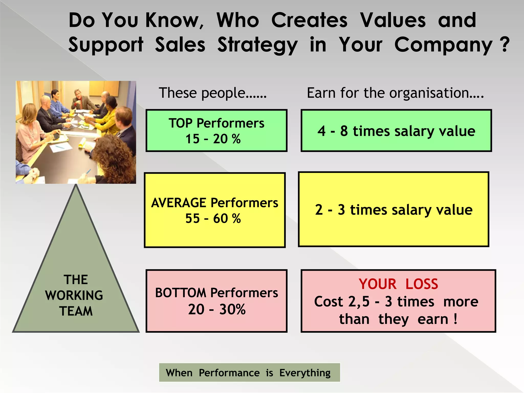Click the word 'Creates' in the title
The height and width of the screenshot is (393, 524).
309,20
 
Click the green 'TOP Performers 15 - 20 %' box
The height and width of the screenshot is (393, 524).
216,131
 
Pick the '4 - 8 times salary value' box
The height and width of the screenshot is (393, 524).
396,131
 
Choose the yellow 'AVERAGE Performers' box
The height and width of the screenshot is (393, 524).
215,210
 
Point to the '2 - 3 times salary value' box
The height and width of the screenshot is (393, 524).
394,210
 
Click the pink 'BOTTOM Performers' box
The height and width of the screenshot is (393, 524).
216,301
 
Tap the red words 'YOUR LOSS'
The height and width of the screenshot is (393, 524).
398,284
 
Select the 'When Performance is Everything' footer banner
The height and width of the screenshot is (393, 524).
249,373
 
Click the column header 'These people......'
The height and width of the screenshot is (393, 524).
213,93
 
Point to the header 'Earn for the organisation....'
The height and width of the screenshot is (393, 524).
395,93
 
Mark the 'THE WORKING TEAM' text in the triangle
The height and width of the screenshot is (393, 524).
75,295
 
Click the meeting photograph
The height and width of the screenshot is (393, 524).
76,132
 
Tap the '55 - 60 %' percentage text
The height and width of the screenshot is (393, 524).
213,219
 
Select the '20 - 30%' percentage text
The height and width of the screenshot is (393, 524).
217,309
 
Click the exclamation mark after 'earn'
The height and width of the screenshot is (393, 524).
455,319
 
